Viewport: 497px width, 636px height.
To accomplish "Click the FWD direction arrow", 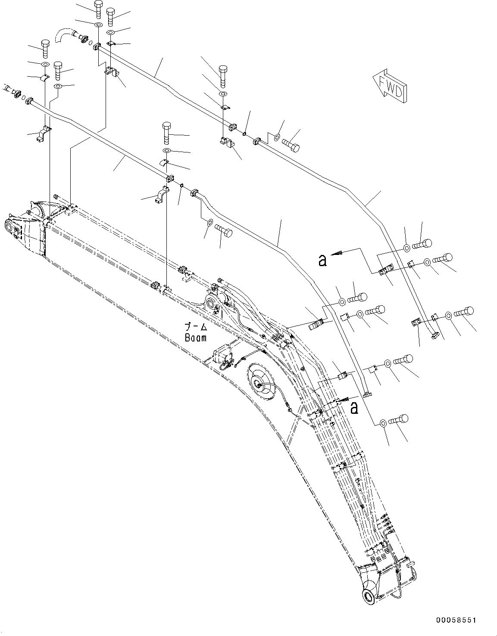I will click(x=390, y=86).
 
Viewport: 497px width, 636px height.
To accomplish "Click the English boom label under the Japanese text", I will click(x=195, y=338).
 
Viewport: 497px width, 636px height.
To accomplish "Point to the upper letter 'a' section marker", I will click(x=322, y=260).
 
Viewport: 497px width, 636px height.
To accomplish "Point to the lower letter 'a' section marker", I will click(x=354, y=407).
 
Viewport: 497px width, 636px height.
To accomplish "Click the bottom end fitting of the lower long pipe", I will click(x=367, y=394).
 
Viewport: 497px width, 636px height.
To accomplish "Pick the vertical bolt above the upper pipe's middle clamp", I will click(x=223, y=74).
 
